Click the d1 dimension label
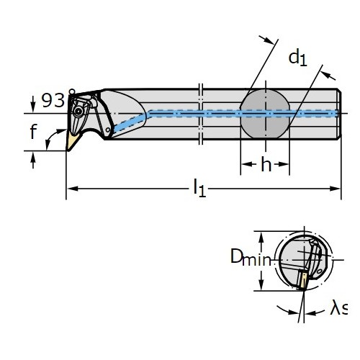coord(297,58)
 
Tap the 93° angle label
coord(58,99)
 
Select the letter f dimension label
coord(33,131)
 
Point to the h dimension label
coord(266,164)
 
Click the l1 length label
coord(199,188)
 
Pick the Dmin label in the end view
coord(251,258)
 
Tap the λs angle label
coord(338,308)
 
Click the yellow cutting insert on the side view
coord(72,142)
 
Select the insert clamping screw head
coord(78,111)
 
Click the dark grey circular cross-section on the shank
coord(265,114)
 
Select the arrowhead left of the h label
coord(246,164)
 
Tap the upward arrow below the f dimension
coord(33,161)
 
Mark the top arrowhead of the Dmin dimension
coord(261,237)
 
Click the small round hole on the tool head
coord(108,130)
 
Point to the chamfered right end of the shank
coord(339,114)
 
